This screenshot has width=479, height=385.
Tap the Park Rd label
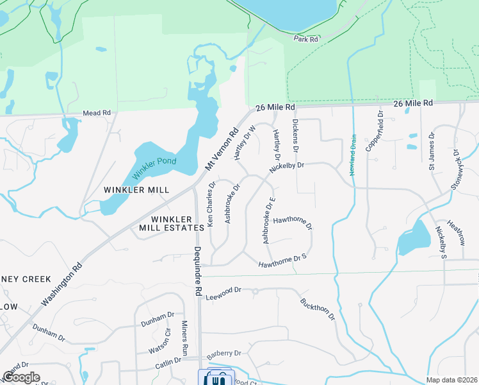click(306, 39)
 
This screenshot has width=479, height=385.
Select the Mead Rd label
click(96, 113)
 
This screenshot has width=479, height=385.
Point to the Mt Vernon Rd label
click(222, 148)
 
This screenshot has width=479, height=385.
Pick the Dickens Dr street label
click(295, 131)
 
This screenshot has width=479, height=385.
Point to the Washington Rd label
click(62, 283)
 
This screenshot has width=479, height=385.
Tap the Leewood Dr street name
click(223, 290)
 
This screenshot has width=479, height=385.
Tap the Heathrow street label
click(456, 232)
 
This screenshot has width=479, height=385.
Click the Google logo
click(21, 377)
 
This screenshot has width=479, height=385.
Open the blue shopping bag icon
click(216, 379)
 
